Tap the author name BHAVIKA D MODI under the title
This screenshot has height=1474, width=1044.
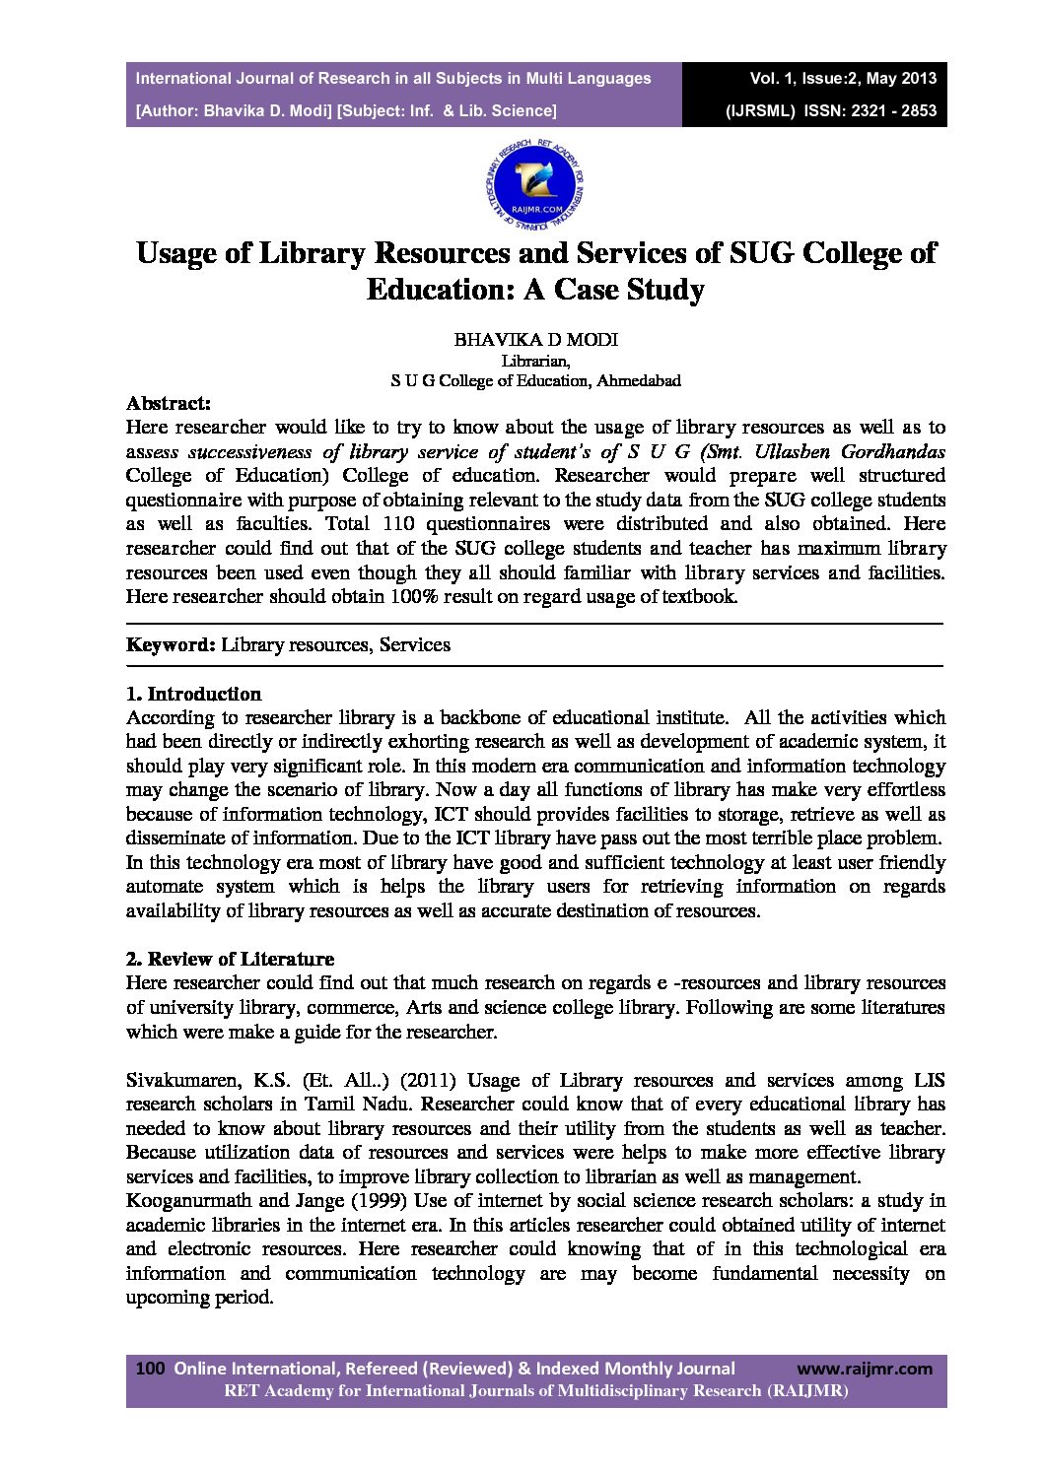tap(535, 340)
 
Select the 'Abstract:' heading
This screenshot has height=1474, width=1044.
tap(169, 403)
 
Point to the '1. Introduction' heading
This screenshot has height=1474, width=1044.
tap(194, 694)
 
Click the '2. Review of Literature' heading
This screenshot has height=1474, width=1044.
tap(230, 959)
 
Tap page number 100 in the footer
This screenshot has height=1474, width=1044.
tap(149, 1369)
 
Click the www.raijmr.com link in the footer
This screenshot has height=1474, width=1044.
tap(864, 1369)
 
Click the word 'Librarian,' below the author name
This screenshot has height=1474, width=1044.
tap(535, 361)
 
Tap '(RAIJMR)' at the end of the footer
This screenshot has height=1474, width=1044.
tap(807, 1391)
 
